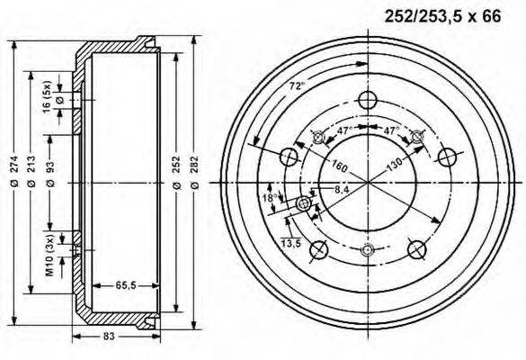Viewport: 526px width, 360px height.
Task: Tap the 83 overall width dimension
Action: click(x=111, y=336)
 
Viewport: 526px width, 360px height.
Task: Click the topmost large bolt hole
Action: click(x=367, y=100)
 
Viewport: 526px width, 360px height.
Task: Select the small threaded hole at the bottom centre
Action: click(x=367, y=250)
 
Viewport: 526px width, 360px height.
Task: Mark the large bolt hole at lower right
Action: click(x=415, y=248)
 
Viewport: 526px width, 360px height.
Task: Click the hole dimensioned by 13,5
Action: click(x=304, y=205)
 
